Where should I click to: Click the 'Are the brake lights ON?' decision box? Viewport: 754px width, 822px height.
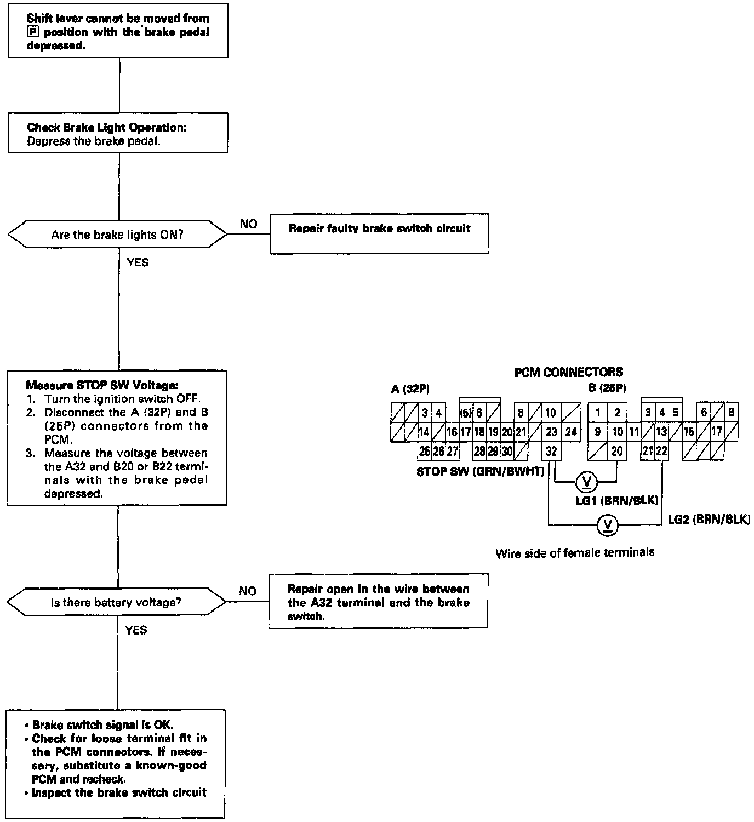[117, 235]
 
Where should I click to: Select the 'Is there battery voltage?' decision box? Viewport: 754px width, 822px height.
[116, 602]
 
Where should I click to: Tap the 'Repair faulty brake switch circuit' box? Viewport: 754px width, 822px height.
[379, 233]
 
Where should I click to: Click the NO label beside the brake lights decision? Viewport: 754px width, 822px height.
[248, 224]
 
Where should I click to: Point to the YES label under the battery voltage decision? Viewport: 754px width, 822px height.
[136, 630]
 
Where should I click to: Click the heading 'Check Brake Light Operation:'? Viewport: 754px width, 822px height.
[107, 127]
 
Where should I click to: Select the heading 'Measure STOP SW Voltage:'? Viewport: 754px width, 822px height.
[102, 385]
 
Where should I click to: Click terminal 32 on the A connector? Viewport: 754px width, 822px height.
[551, 451]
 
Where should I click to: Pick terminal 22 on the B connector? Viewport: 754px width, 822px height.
[661, 451]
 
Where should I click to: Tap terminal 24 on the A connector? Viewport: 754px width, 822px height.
[571, 432]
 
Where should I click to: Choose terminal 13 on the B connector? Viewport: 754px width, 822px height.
[661, 432]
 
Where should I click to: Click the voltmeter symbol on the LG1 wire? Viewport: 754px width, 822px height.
[586, 482]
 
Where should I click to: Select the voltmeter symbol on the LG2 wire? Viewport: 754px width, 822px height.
[607, 525]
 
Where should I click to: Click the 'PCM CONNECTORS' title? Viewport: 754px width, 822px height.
[568, 372]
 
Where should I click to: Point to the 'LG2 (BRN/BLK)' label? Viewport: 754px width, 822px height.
[709, 519]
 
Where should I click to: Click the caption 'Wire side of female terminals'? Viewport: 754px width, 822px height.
[575, 552]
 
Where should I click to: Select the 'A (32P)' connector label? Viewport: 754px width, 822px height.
[410, 389]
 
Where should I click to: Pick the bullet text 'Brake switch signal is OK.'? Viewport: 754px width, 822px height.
[102, 724]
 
